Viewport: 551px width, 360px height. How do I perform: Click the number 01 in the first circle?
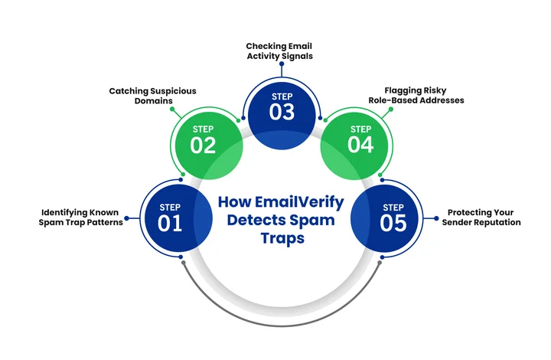click(171, 224)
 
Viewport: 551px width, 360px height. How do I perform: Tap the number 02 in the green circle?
click(204, 146)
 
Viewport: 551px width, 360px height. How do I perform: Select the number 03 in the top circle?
click(282, 111)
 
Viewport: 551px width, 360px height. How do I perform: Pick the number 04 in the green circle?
click(360, 146)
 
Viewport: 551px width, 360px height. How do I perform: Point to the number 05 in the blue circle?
click(393, 224)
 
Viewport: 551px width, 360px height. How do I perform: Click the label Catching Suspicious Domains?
click(152, 96)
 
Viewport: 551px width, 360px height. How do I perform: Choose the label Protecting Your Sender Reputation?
click(481, 217)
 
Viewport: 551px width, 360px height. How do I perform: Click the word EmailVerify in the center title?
click(302, 202)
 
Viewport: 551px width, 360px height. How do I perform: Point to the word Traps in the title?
click(282, 239)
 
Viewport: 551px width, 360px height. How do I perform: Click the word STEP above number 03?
click(282, 95)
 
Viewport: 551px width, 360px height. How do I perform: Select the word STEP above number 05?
click(393, 207)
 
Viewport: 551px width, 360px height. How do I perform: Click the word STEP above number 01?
click(170, 208)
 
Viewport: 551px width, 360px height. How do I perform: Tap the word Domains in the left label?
click(152, 101)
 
